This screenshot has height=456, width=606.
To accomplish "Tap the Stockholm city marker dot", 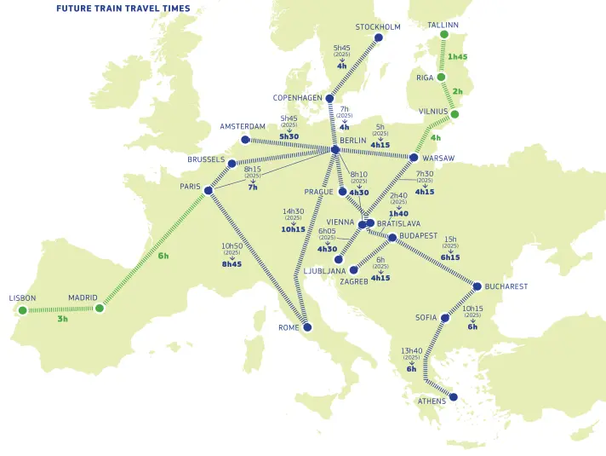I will pyautogui.click(x=379, y=38).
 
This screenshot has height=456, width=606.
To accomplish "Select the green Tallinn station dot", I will pyautogui.click(x=443, y=35).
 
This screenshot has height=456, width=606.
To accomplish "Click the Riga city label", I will pyautogui.click(x=425, y=78).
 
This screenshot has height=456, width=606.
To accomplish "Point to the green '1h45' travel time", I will pyautogui.click(x=458, y=57).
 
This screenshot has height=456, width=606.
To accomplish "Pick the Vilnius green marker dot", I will pyautogui.click(x=454, y=114).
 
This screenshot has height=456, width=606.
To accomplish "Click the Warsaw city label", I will pyautogui.click(x=438, y=158).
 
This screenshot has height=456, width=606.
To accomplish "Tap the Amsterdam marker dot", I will pyautogui.click(x=245, y=140).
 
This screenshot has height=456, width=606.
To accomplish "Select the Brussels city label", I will pyautogui.click(x=206, y=159).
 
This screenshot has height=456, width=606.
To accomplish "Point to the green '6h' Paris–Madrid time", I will pyautogui.click(x=163, y=256).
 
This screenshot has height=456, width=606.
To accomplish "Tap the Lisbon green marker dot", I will pyautogui.click(x=23, y=309).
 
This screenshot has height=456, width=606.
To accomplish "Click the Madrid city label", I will pyautogui.click(x=83, y=298).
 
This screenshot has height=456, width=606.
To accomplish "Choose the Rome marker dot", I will pyautogui.click(x=307, y=327).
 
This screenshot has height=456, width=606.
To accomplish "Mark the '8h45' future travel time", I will pyautogui.click(x=232, y=264).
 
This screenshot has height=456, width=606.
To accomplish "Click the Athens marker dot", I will pyautogui.click(x=453, y=396).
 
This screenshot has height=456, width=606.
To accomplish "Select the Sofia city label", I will pyautogui.click(x=426, y=318).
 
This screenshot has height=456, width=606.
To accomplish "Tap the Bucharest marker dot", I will pyautogui.click(x=477, y=286).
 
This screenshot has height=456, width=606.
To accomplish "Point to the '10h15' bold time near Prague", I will pyautogui.click(x=294, y=229).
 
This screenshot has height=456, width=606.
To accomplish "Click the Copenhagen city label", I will pyautogui.click(x=297, y=98).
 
